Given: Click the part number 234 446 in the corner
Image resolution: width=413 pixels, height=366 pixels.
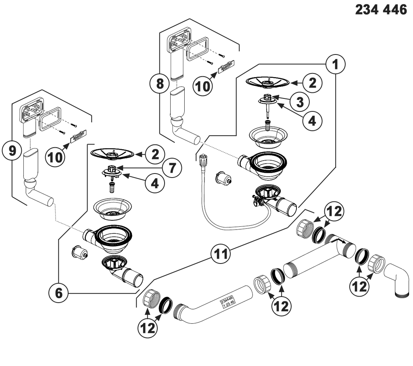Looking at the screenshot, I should tap(381, 11).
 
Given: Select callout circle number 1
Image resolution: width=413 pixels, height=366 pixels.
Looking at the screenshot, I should tap(336, 63).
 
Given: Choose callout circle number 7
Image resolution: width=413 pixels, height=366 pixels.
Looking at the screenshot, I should tap(172, 167).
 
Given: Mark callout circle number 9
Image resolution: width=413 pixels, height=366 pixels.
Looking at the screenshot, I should tap(12, 151).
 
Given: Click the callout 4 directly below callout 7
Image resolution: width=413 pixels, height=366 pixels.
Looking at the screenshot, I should tap(152, 184).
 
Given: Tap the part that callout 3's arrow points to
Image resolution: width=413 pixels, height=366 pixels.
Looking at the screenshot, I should tap(268, 97).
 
